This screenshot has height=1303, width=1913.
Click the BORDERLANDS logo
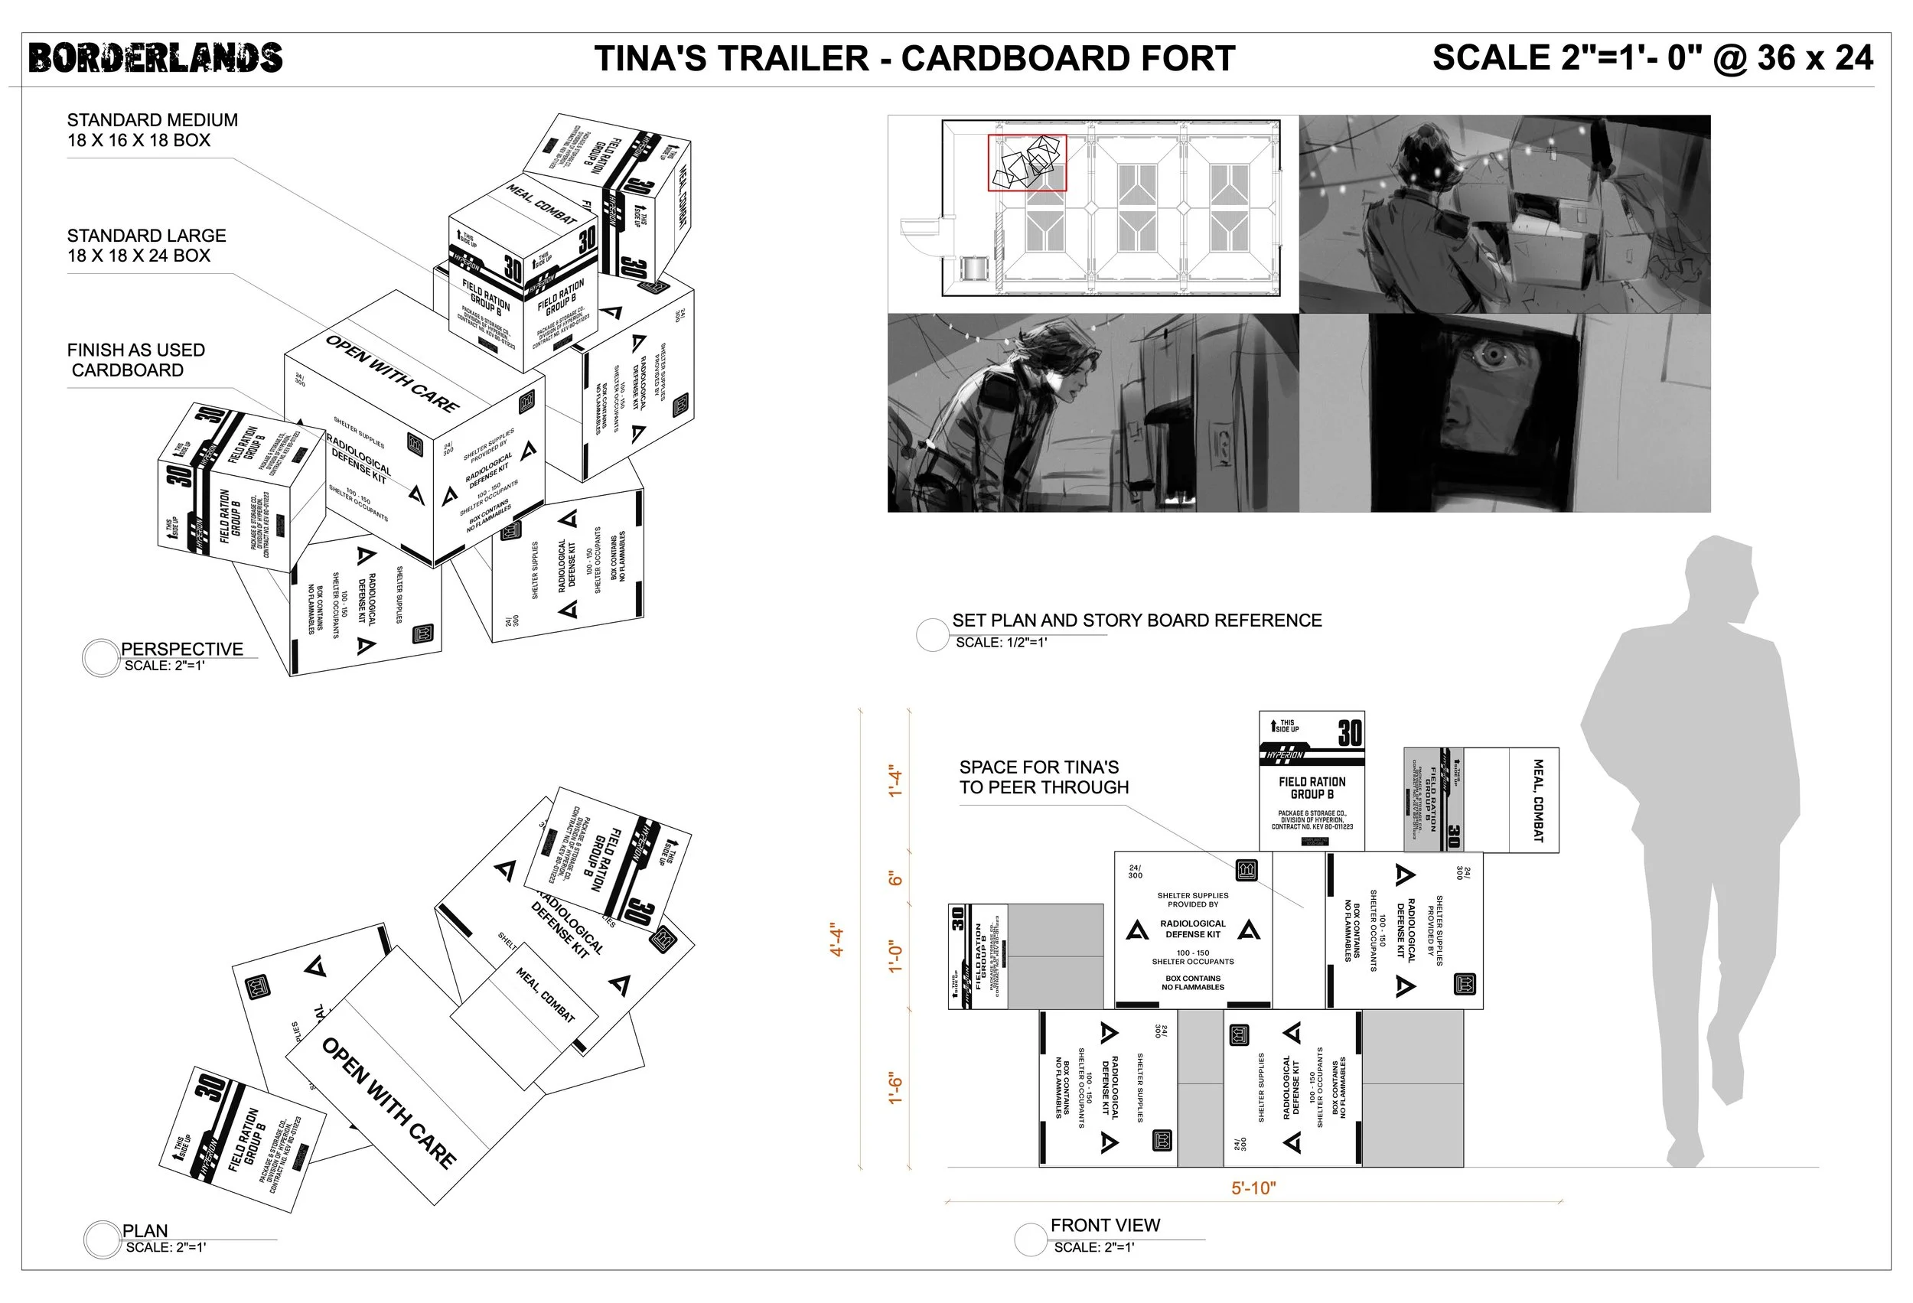(155, 58)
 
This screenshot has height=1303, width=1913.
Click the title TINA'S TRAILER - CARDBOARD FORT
(914, 58)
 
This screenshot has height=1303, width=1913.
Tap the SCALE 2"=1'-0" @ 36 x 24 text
(1652, 57)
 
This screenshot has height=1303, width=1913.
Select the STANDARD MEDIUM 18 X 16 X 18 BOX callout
(152, 130)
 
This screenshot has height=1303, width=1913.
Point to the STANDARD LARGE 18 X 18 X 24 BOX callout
(146, 246)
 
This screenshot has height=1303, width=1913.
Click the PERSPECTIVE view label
(182, 649)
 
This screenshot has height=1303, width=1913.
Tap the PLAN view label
(145, 1230)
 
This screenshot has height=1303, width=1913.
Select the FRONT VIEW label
(1105, 1225)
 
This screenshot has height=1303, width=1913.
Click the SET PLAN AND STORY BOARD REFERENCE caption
(1137, 620)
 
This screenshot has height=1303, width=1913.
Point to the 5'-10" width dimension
(1253, 1187)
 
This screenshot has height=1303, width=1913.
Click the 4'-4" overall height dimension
(837, 939)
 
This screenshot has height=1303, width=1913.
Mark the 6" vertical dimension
(895, 879)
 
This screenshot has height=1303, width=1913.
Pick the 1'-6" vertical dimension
(895, 1088)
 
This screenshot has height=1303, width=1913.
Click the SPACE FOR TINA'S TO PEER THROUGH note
(1043, 777)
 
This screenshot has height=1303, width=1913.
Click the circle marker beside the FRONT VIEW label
(1030, 1239)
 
